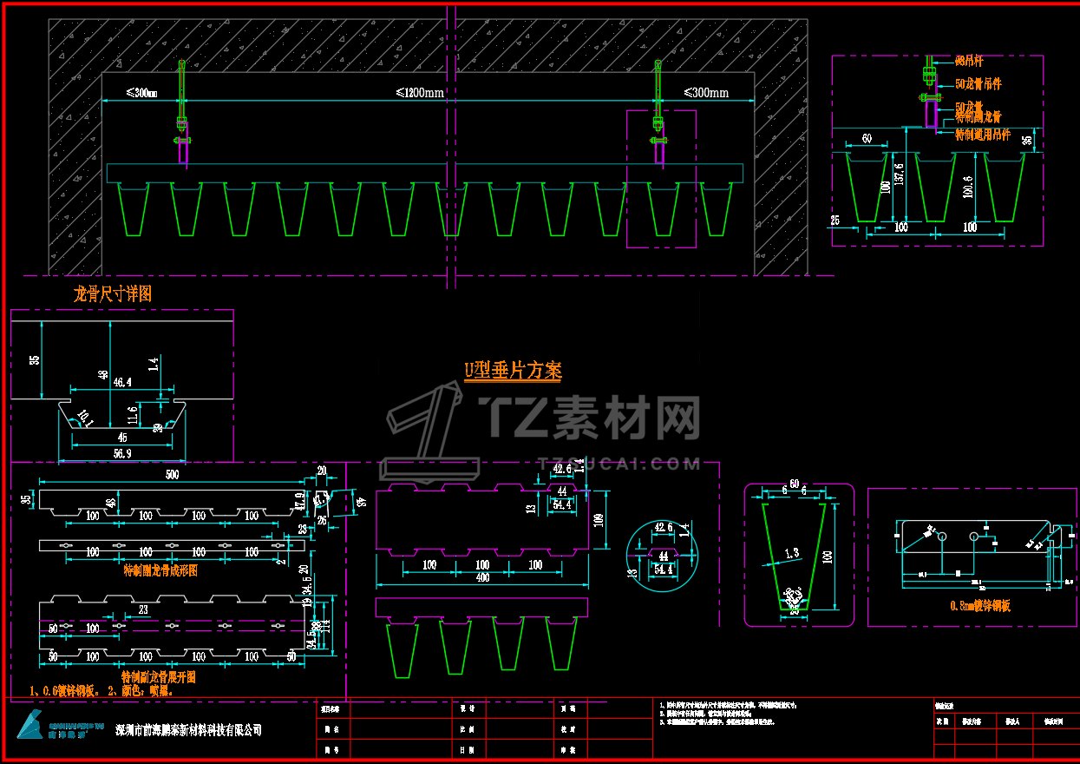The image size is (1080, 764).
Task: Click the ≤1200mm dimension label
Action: pos(421,92)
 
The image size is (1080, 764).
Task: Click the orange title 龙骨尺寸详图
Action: pos(112,294)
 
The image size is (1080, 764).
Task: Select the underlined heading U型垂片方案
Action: pos(513,372)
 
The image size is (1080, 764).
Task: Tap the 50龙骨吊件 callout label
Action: pos(978,84)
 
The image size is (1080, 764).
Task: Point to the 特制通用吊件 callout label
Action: pos(983,135)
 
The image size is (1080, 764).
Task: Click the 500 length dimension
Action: pos(172,475)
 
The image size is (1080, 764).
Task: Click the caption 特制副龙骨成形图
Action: pos(160,570)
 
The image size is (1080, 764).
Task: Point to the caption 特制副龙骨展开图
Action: pos(159,676)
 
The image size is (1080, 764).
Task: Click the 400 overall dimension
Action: pos(482,579)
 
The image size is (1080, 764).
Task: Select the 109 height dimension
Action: pos(599,519)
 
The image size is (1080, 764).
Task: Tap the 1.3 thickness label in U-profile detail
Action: pos(791,553)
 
